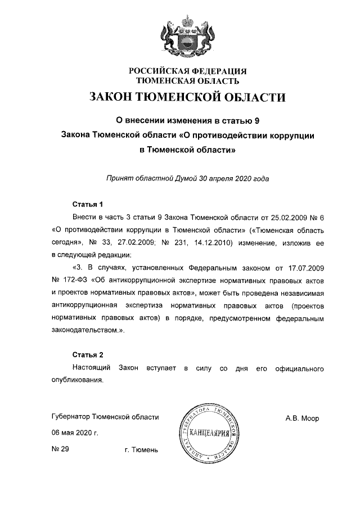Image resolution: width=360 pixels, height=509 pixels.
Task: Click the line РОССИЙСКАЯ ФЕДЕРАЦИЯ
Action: tap(188, 71)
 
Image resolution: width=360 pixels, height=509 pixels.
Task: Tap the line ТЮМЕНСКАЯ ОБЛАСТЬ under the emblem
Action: tap(188, 80)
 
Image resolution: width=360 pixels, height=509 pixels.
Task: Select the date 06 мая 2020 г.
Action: tap(75, 434)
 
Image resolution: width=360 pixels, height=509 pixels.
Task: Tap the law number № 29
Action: tap(60, 449)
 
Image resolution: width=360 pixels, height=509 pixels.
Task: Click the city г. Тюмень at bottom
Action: tap(141, 450)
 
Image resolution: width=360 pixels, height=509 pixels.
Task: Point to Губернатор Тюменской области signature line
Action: tap(105, 417)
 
